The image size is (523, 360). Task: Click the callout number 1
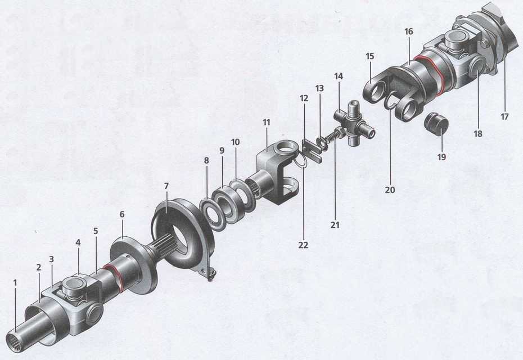pos(15,282)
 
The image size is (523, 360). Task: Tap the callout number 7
pos(166,186)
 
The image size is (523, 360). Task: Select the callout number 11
pos(266,123)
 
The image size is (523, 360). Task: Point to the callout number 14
pos(338,76)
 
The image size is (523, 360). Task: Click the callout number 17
pos(504,116)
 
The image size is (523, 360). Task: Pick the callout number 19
pos(441,157)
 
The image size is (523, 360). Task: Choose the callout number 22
pos(303,245)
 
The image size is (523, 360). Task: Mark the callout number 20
pos(390,190)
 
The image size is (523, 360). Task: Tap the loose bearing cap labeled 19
pos(436,123)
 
